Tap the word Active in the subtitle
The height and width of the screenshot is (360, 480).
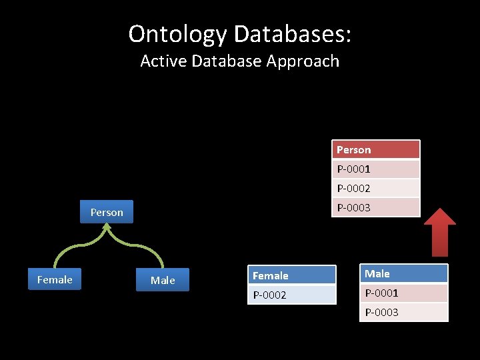164,61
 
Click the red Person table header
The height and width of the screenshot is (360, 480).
376,149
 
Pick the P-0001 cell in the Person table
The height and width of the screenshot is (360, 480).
376,169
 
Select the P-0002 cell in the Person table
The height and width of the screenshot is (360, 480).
376,188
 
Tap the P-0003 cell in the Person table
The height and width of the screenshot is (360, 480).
376,207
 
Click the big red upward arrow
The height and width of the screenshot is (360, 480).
440,233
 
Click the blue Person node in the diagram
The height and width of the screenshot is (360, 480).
107,212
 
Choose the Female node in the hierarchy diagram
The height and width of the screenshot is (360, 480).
55,279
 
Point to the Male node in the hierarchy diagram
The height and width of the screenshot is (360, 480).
163,280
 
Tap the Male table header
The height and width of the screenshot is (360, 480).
403,273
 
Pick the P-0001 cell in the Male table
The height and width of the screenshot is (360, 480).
403,293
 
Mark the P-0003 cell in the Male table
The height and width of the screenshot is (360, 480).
403,312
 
